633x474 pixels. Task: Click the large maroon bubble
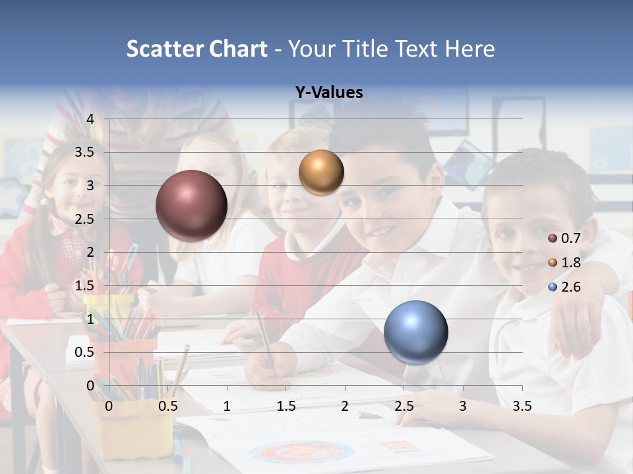191,205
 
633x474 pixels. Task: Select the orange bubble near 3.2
321,172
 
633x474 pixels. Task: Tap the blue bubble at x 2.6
415,331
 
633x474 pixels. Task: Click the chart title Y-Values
328,93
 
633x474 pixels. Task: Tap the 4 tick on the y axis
90,119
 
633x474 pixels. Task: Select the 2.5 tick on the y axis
85,219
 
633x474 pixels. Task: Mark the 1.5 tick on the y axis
85,286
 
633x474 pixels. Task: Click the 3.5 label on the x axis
522,406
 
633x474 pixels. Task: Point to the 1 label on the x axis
227,406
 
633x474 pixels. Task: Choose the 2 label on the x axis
345,406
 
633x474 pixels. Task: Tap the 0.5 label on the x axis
167,406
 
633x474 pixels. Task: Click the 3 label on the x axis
463,406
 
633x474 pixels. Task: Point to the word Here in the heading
469,49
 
